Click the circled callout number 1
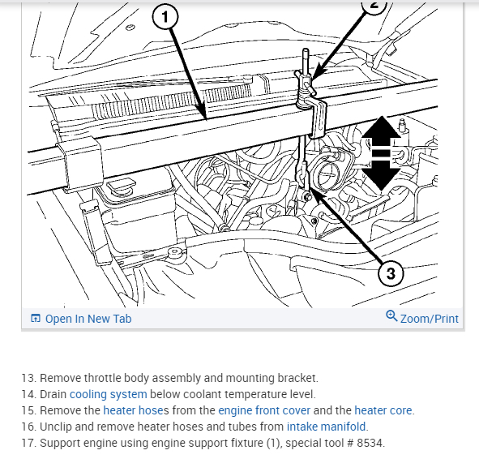click(x=165, y=17)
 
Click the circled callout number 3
click(x=391, y=273)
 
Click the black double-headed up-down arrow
click(x=381, y=152)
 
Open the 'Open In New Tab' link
click(x=88, y=319)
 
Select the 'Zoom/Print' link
click(x=430, y=319)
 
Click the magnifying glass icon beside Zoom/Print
click(x=391, y=316)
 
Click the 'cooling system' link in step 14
click(x=108, y=394)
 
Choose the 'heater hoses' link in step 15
click(x=136, y=410)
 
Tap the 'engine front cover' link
click(x=264, y=410)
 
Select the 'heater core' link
click(x=383, y=410)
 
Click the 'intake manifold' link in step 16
click(x=326, y=427)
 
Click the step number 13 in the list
click(x=28, y=378)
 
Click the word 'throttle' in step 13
click(x=102, y=378)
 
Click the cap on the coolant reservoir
click(x=121, y=186)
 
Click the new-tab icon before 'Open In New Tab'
click(x=36, y=319)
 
